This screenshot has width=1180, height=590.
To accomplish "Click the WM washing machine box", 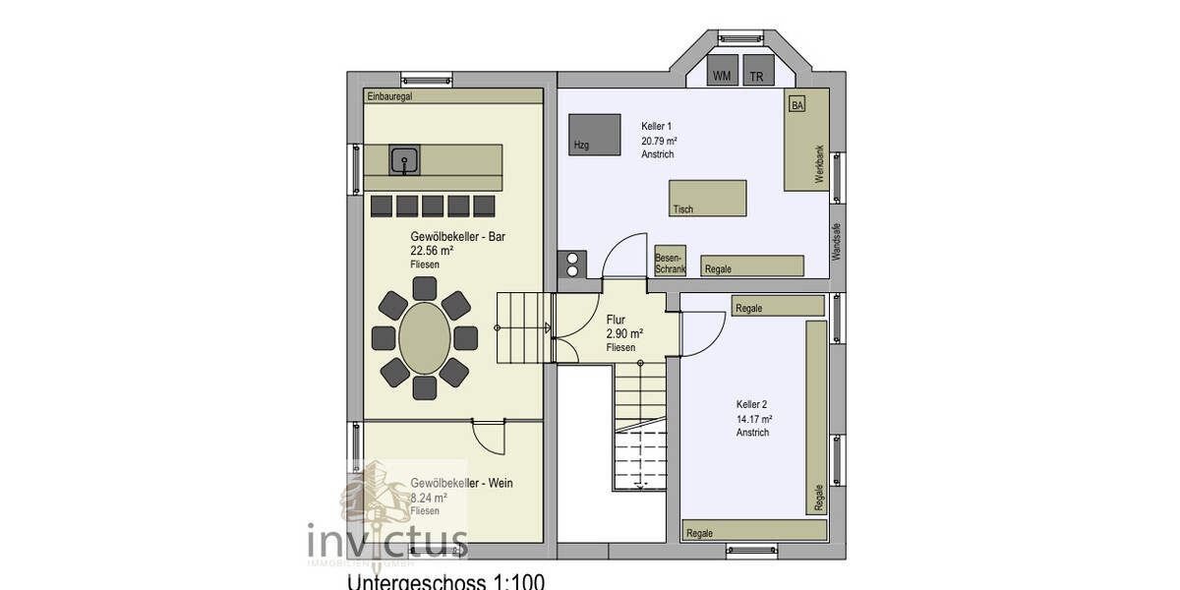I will (x=723, y=74).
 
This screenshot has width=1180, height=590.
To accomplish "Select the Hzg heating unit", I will (x=594, y=135).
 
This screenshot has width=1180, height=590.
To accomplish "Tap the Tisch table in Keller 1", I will (x=707, y=199).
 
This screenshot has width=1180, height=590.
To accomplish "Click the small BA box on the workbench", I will (x=796, y=105).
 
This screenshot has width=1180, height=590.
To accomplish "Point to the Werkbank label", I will (x=818, y=164).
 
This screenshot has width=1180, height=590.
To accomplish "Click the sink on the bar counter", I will (x=403, y=160).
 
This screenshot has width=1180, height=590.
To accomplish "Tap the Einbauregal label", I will (x=388, y=96).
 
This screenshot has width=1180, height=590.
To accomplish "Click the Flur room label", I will (x=617, y=320).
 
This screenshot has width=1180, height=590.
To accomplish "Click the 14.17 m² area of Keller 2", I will (x=754, y=418).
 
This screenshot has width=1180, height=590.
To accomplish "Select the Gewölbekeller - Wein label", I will (x=461, y=483).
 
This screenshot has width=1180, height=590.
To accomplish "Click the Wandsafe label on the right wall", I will (x=837, y=240).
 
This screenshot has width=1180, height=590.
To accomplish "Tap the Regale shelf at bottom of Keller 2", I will (x=753, y=531).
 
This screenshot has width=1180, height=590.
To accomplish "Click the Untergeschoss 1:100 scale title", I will (x=444, y=581).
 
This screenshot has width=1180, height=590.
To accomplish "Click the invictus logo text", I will (x=387, y=542).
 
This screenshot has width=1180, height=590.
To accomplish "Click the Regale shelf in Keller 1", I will (x=752, y=265).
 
